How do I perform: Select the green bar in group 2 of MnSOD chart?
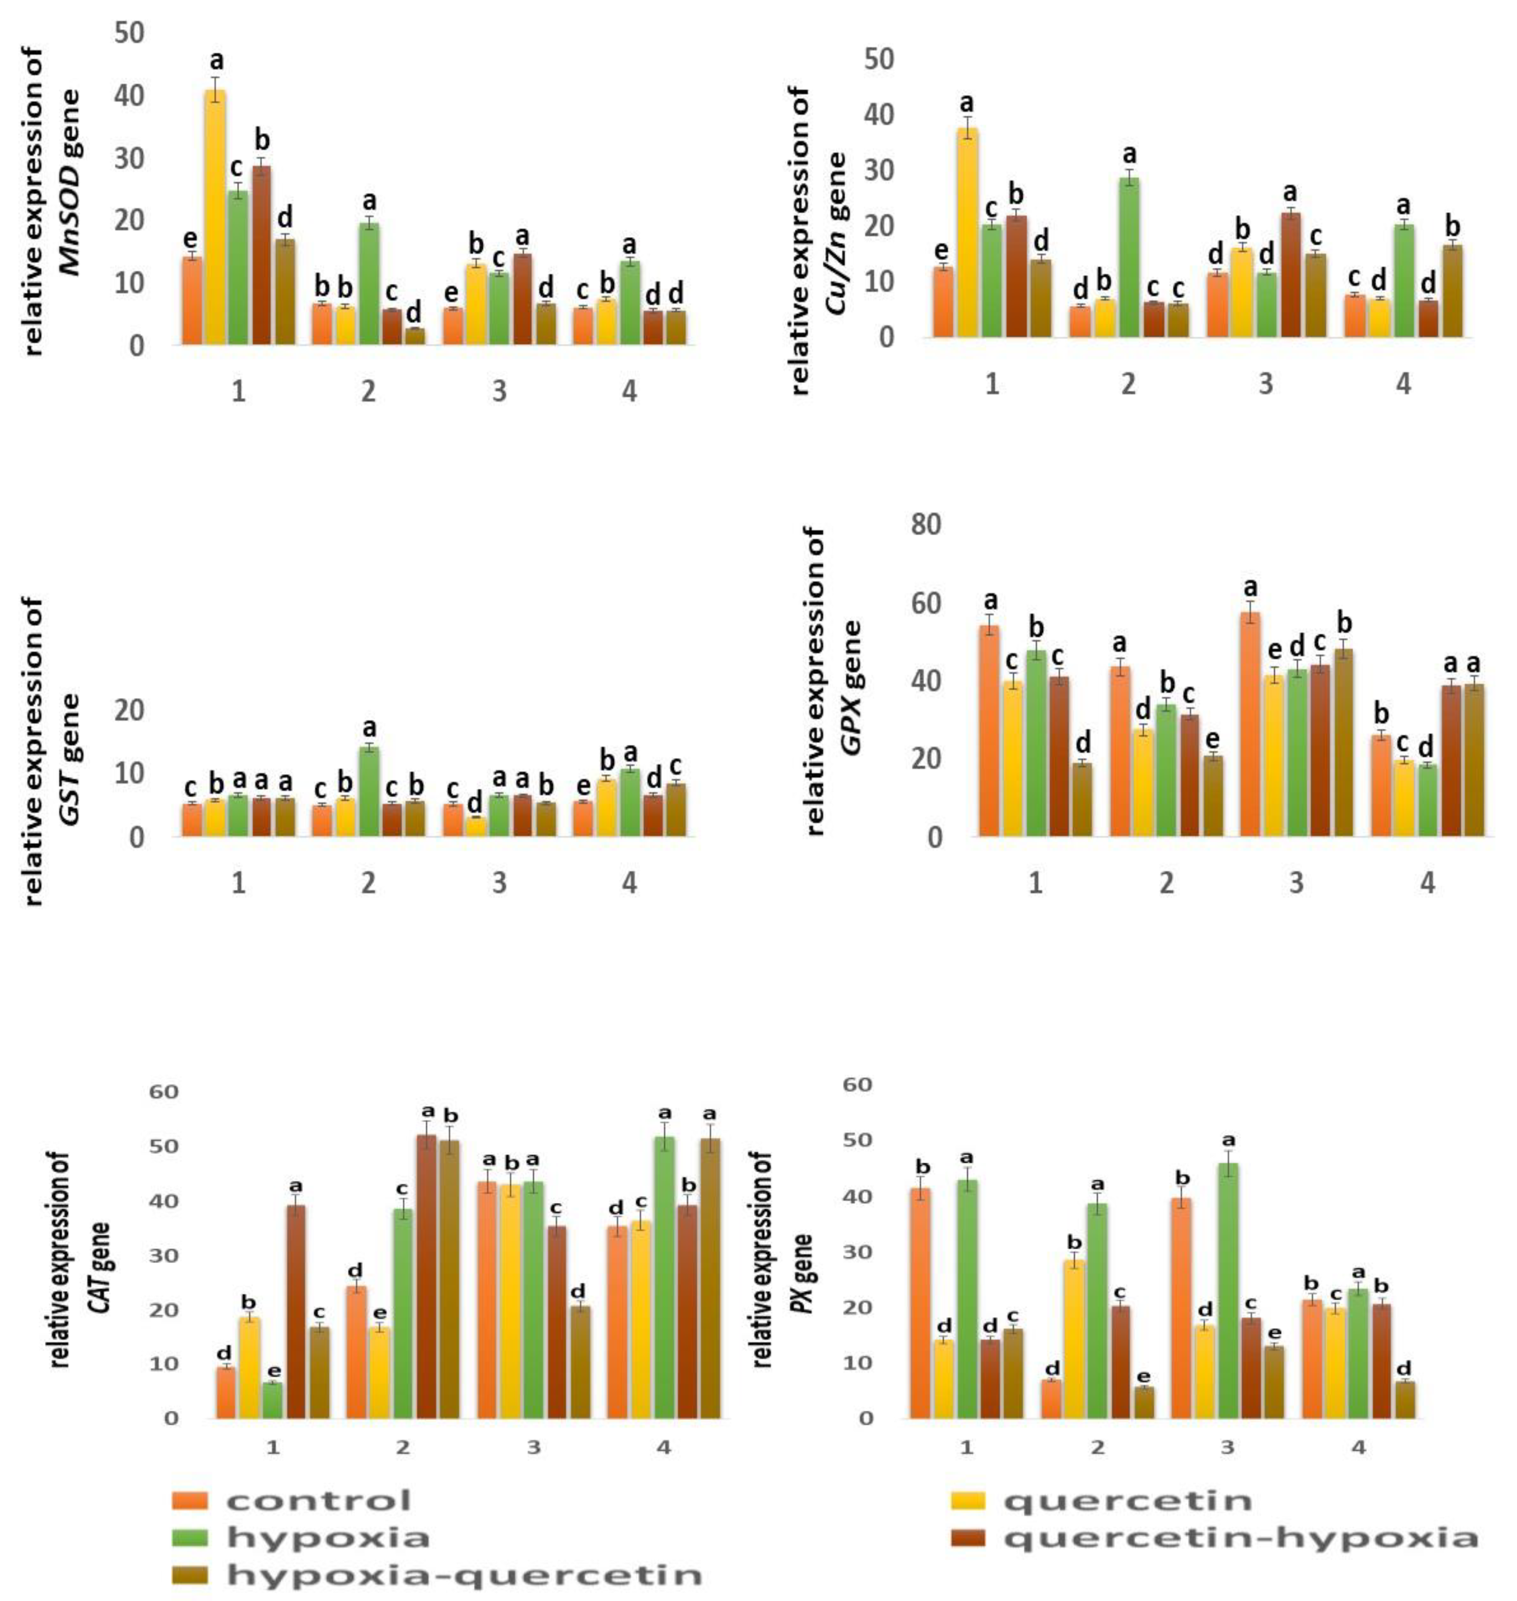click(369, 283)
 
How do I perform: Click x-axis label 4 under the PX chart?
click(1359, 1446)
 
